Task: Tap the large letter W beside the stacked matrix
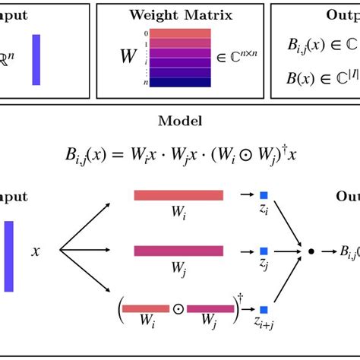pos(128,56)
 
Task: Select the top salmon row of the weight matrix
pos(180,33)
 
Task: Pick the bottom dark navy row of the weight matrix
pos(180,82)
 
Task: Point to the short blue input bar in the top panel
pos(36,59)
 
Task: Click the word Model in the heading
pos(180,121)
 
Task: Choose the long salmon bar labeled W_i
pos(178,195)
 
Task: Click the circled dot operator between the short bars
pos(178,309)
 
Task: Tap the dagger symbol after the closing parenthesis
pos(240,299)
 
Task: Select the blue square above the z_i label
pos(263,195)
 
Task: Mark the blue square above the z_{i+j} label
pos(263,309)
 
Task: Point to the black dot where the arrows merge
pos(309,271)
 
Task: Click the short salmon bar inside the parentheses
pos(145,309)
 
